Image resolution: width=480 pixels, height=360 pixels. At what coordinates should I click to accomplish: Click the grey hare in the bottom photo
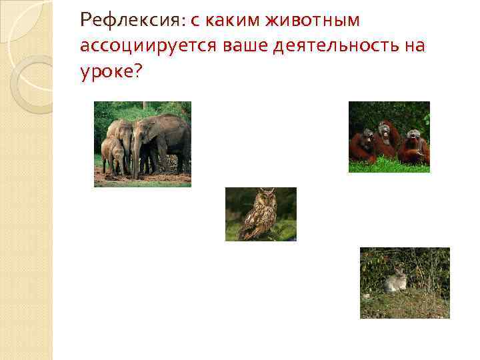coord(396,281)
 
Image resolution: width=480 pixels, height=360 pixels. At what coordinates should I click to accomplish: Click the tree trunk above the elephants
coord(145,106)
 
